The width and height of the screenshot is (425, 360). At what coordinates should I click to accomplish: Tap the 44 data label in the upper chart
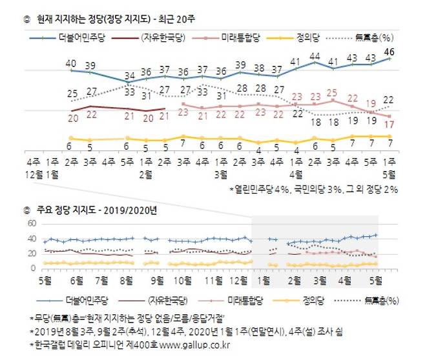click(x=315, y=57)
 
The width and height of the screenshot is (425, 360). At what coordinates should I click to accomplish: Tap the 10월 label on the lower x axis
click(x=183, y=281)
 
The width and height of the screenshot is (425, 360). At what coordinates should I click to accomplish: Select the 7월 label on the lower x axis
click(x=103, y=281)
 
